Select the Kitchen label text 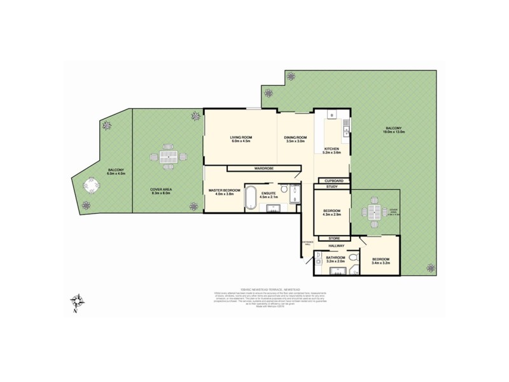pyautogui.click(x=332, y=152)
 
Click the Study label pyautogui.click(x=332, y=187)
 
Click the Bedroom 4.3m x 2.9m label pyautogui.click(x=332, y=213)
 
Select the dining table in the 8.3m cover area pyautogui.click(x=169, y=156)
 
